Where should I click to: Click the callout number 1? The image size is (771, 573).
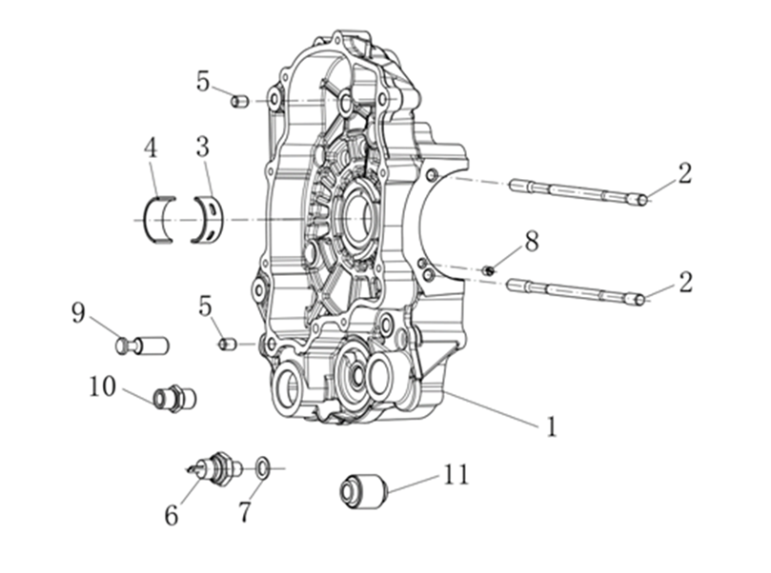click(x=552, y=426)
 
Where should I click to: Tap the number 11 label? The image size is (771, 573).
click(x=456, y=474)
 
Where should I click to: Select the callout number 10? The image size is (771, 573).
click(x=102, y=386)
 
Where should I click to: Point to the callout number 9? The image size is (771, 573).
click(x=78, y=313)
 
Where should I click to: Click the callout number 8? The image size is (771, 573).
click(x=531, y=242)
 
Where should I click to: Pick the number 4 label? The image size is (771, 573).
click(x=151, y=148)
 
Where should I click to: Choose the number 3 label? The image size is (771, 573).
click(x=202, y=147)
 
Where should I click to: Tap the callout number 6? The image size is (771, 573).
click(x=172, y=515)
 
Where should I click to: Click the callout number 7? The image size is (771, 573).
click(x=244, y=512)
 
